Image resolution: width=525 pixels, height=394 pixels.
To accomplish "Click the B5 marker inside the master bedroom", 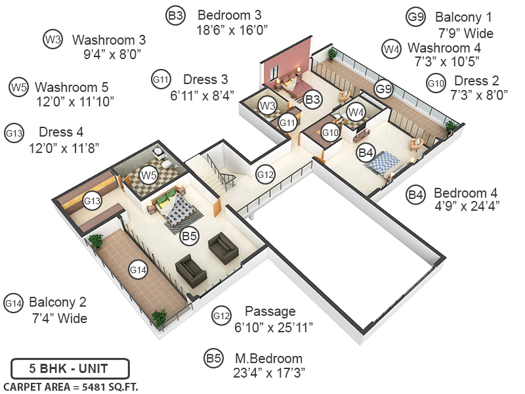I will [x=190, y=236].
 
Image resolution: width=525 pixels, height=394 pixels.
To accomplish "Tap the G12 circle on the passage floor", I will [x=265, y=175].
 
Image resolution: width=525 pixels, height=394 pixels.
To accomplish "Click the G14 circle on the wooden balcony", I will [x=137, y=269].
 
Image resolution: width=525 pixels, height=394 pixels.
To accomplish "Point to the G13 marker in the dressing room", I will [x=92, y=200].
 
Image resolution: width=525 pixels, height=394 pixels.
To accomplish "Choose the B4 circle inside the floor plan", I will [x=365, y=153].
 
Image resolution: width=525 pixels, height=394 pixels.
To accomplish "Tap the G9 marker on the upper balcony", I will [x=383, y=89].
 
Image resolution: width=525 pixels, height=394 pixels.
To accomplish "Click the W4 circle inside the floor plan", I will [x=356, y=111].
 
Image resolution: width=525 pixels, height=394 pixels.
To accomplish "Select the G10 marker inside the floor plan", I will [x=330, y=133].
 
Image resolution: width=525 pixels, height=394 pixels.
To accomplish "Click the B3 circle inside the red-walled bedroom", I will [x=313, y=100].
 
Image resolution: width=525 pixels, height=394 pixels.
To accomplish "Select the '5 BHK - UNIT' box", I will [x=70, y=368].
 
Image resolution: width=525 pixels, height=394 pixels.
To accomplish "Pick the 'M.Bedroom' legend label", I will [x=268, y=359].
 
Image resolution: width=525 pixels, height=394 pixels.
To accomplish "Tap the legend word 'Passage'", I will [x=270, y=311].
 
